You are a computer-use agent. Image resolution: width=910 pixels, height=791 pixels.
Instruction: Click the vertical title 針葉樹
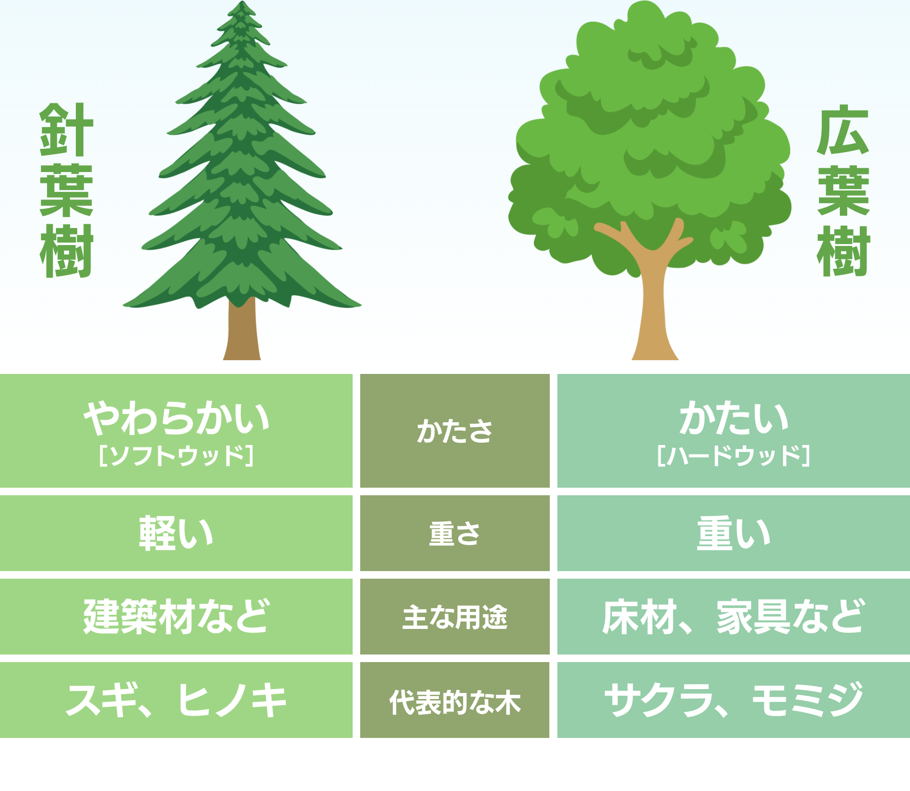[66, 190]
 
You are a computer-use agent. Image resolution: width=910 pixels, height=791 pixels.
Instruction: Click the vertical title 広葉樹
[843, 190]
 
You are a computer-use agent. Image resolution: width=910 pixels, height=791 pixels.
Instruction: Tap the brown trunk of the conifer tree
[242, 329]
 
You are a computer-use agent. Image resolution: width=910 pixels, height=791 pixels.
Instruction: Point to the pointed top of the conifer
[242, 2]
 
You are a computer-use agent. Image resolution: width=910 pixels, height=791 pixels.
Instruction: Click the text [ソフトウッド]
[176, 455]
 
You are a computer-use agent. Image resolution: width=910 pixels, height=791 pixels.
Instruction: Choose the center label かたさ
[455, 431]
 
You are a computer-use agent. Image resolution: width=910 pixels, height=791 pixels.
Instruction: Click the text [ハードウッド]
[734, 455]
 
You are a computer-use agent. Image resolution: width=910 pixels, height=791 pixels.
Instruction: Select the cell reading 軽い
[176, 533]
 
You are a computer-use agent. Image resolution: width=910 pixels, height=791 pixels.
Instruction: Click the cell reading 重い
[734, 533]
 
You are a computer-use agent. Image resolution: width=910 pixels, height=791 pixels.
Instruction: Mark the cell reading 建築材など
[176, 616]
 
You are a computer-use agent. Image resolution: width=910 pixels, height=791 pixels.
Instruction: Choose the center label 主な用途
[455, 617]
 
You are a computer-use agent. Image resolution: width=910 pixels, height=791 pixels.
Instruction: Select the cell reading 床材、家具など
[734, 616]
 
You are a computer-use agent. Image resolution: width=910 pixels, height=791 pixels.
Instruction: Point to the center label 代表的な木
[455, 702]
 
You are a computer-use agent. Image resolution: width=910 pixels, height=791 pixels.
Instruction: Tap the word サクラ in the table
[659, 700]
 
